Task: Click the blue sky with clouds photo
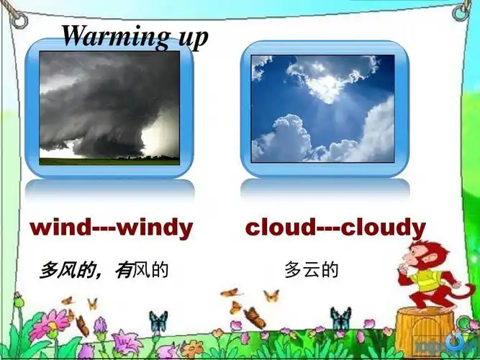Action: pos(322,108)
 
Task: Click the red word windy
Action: pos(155,228)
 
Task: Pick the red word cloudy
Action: pos(382,228)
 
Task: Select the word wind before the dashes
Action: pos(60,228)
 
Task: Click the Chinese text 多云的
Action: pos(311,271)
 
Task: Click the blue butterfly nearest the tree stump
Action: pos(340,318)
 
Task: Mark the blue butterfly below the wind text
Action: pos(158,320)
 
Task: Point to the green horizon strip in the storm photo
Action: pos(109,161)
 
